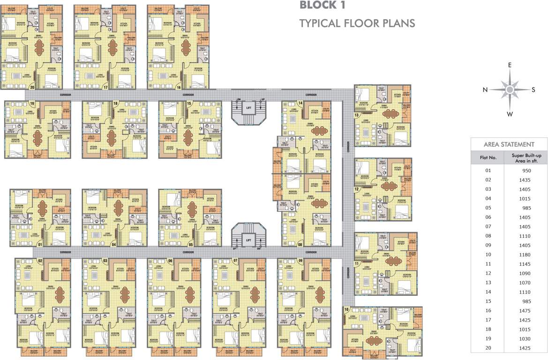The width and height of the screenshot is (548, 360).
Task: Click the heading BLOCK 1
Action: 325,6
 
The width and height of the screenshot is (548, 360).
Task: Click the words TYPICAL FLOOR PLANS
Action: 357,23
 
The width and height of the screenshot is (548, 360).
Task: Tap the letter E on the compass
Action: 510,65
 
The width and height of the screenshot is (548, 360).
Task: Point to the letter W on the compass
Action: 510,114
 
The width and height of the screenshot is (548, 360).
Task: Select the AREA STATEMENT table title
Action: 509,144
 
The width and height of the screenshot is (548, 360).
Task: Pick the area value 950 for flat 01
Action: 525,170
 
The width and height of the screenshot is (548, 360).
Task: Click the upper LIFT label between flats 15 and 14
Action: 248,108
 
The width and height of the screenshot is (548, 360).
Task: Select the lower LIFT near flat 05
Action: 248,240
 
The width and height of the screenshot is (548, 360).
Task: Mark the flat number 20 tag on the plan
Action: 32,87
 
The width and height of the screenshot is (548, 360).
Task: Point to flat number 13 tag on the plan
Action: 357,115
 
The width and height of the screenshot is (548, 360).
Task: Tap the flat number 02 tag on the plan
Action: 40,261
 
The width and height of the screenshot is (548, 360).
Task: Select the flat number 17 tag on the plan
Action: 106,87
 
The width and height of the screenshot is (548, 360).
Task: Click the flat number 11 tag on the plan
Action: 357,264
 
